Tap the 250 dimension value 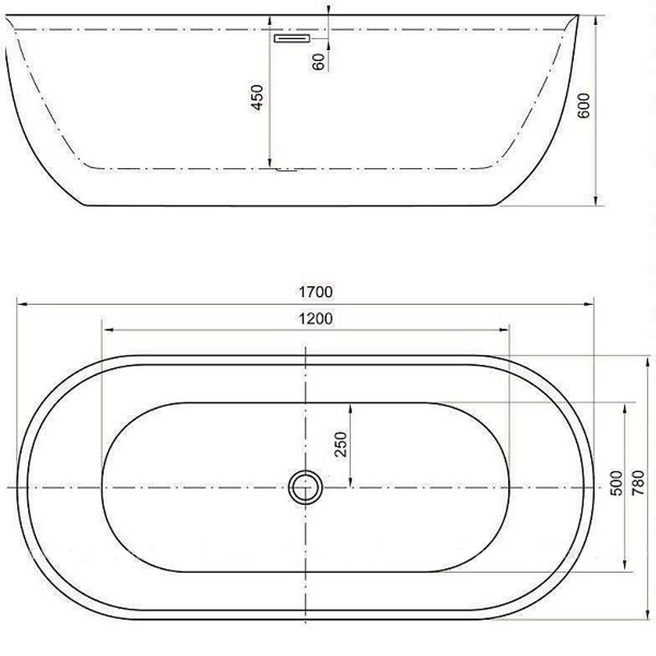[340, 445]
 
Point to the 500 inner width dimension [615, 483]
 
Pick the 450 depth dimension [258, 97]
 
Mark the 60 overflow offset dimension [319, 62]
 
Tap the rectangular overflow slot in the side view [291, 39]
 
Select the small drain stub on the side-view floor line [287, 171]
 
